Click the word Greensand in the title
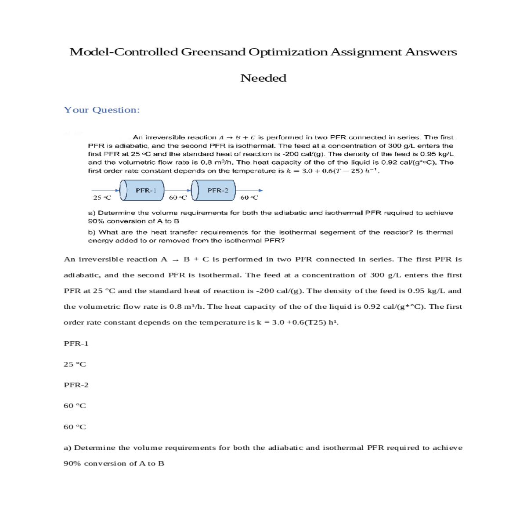[x=213, y=52]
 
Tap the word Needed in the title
[x=263, y=78]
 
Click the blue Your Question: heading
[x=102, y=110]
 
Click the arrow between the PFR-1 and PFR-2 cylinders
[x=178, y=190]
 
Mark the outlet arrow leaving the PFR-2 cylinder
[x=249, y=190]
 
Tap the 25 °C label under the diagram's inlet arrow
[x=102, y=198]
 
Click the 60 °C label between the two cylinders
[x=178, y=198]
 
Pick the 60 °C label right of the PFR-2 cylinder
[x=249, y=198]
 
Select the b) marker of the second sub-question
[x=92, y=232]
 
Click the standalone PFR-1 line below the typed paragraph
[x=76, y=343]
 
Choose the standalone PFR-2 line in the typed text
[x=76, y=385]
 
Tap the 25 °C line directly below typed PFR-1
[x=75, y=364]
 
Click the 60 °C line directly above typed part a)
[x=75, y=427]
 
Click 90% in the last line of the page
[x=72, y=464]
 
